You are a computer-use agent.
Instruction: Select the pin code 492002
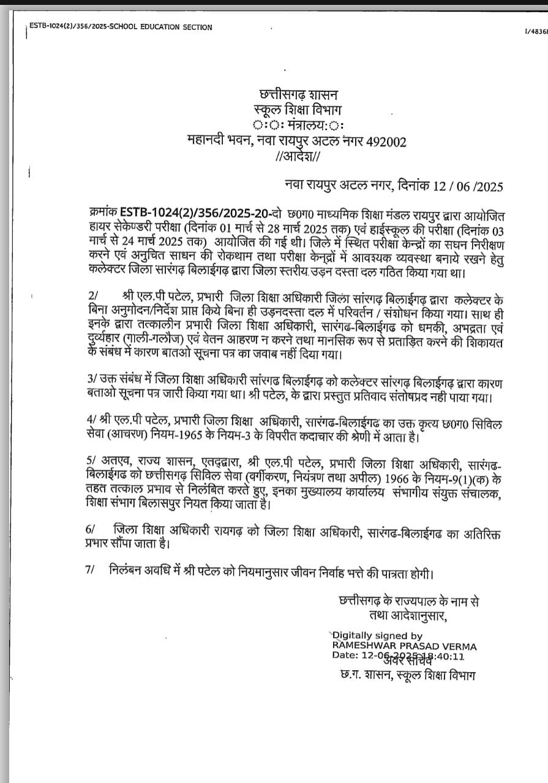pos(386,142)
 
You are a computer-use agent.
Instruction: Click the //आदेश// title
pos(298,157)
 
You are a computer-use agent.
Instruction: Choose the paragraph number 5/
pos(91,460)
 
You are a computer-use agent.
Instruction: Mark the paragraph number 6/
pos(91,529)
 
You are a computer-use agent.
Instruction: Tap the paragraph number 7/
pos(91,570)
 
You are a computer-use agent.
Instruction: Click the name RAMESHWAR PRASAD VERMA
pos(404,646)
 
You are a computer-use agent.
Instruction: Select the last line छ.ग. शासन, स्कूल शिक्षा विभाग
pos(407,675)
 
